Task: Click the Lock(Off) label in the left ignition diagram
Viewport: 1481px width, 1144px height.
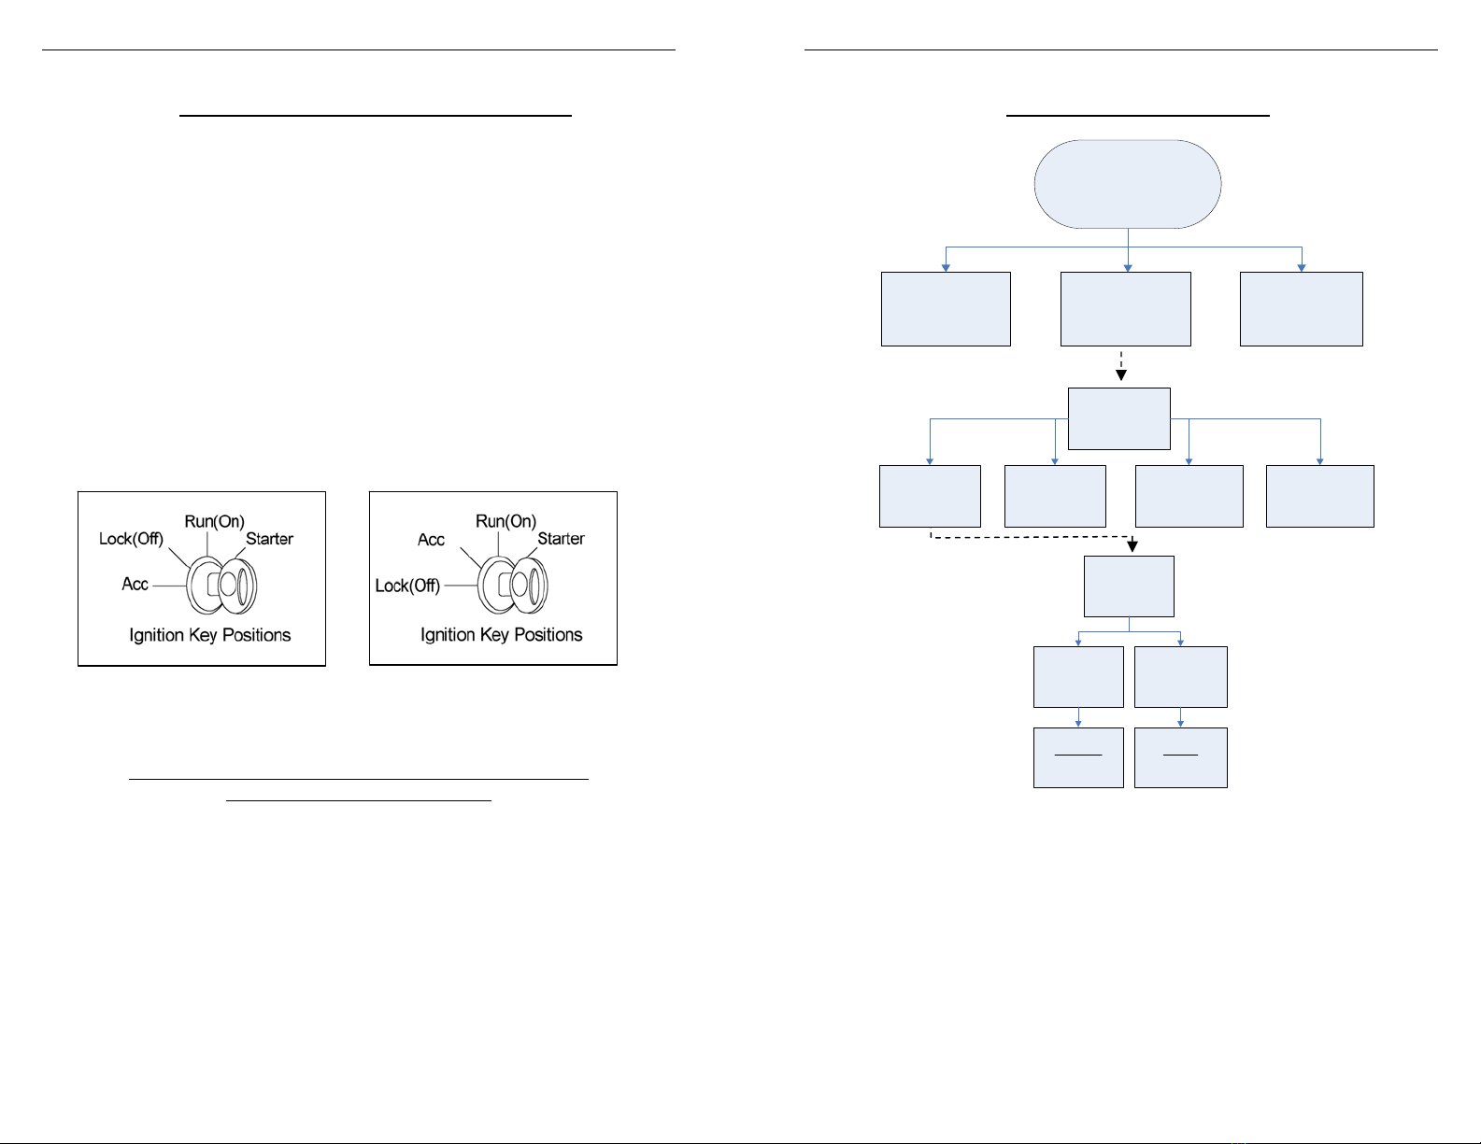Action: [131, 539]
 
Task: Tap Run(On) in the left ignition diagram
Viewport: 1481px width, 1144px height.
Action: [214, 522]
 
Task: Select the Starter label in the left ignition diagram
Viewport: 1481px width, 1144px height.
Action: [269, 539]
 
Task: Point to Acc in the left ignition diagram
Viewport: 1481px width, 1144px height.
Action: [135, 585]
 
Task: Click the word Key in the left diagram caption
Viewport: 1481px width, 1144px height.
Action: [203, 635]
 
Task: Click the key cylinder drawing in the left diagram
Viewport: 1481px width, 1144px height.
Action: [221, 585]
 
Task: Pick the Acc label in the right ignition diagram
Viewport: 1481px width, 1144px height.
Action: [431, 540]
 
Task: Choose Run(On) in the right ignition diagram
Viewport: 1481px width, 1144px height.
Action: [506, 522]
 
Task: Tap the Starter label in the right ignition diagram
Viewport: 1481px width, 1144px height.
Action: [561, 539]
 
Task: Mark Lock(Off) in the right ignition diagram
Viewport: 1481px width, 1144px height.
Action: [407, 586]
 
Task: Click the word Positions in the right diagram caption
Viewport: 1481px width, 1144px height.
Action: [548, 635]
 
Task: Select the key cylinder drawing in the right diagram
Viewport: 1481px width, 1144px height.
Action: [513, 585]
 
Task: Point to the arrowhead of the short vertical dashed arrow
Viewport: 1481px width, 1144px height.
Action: [1121, 375]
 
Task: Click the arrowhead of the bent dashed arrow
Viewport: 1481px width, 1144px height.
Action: [1132, 545]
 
